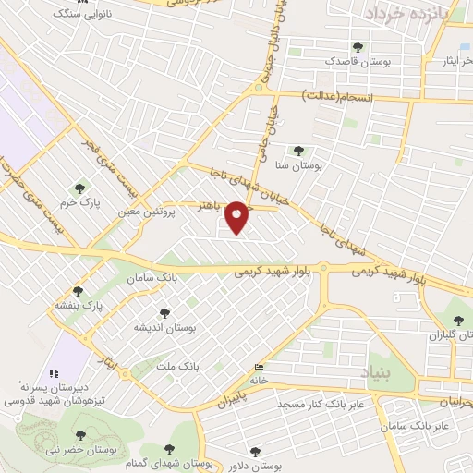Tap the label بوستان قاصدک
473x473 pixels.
(x=358, y=60)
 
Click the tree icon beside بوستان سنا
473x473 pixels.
(x=297, y=150)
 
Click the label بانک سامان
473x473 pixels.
(x=154, y=276)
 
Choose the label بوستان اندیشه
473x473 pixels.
(x=164, y=326)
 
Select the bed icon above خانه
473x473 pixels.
(x=258, y=368)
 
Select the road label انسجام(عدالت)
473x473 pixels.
(x=339, y=96)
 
